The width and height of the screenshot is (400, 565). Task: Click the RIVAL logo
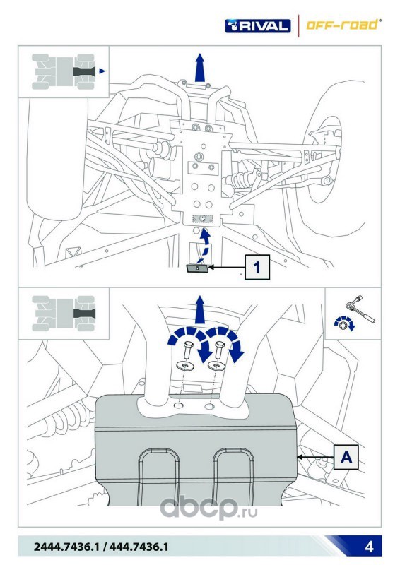(257, 26)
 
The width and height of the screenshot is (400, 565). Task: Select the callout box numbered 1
(257, 267)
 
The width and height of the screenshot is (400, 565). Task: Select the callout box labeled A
(346, 457)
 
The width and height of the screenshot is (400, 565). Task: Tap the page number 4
(369, 547)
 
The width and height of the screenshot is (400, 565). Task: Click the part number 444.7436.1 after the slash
(139, 547)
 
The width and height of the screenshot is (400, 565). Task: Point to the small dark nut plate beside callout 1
(197, 268)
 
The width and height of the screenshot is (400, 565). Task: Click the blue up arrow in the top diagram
(199, 68)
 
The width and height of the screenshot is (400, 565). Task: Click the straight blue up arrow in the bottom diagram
(199, 310)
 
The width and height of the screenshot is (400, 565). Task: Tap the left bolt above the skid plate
(188, 350)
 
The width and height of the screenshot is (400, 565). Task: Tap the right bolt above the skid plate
(218, 350)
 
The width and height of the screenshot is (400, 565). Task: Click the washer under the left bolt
(185, 366)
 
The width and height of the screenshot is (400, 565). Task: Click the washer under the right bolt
(216, 366)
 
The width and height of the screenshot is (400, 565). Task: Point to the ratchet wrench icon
(360, 309)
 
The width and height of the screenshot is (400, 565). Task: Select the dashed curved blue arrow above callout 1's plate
(204, 245)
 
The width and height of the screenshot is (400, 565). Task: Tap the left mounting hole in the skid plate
(179, 405)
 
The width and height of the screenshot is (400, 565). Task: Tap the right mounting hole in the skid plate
(210, 407)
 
